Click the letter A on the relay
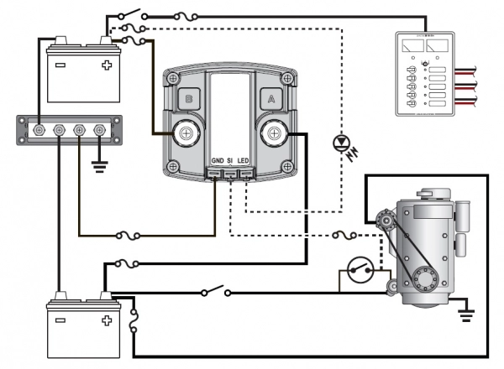(270, 98)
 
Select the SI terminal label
(231, 160)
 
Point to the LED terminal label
(245, 160)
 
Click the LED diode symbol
(341, 142)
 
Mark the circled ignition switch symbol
(362, 274)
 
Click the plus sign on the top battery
(106, 65)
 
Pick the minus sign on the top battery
(60, 65)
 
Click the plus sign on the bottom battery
(106, 321)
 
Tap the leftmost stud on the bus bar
(39, 130)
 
